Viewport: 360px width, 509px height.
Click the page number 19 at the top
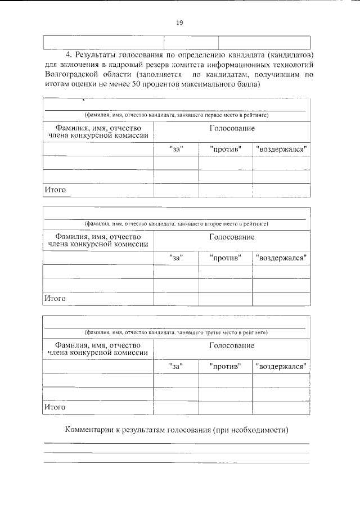pyautogui.click(x=179, y=22)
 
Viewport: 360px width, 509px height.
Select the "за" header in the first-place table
pyautogui.click(x=176, y=150)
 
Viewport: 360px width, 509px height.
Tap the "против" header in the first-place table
pyautogui.click(x=226, y=150)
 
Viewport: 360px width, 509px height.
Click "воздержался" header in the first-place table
pyautogui.click(x=281, y=150)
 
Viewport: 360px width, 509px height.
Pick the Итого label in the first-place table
pyautogui.click(x=55, y=190)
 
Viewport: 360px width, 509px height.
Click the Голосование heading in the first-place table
pyautogui.click(x=232, y=129)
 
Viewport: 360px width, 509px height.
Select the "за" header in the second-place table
pyautogui.click(x=176, y=258)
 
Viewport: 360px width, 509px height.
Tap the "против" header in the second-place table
pyautogui.click(x=226, y=258)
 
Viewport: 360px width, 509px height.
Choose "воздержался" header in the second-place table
pyautogui.click(x=281, y=258)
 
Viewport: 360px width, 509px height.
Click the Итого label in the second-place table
pyautogui.click(x=55, y=298)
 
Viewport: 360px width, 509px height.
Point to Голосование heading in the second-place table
pyautogui.click(x=232, y=237)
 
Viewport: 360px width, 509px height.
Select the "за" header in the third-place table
pyautogui.click(x=176, y=367)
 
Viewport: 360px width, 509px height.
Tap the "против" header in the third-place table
pyautogui.click(x=226, y=367)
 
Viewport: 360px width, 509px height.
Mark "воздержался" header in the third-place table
pyautogui.click(x=281, y=367)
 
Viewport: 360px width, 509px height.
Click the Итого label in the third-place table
pyautogui.click(x=55, y=407)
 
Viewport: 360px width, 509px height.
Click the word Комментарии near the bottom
pyautogui.click(x=87, y=430)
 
